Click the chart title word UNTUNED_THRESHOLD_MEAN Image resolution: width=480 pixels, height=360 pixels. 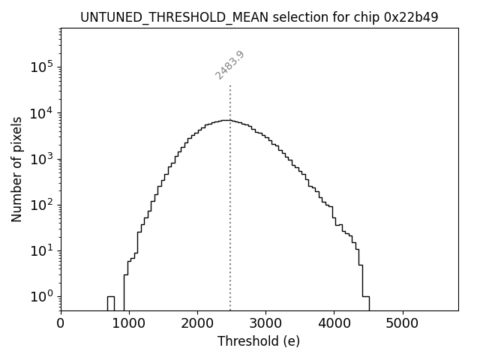pos(153,17)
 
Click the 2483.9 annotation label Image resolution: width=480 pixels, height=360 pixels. pos(230,64)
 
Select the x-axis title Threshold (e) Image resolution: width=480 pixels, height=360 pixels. pos(259,341)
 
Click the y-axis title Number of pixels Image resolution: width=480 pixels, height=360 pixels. pos(16,169)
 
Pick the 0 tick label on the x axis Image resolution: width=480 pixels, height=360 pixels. pos(61,323)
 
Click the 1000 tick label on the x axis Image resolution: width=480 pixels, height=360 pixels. pos(129,323)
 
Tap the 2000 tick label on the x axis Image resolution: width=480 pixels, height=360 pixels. pos(197,323)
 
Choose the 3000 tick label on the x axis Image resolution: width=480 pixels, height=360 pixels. pos(265,323)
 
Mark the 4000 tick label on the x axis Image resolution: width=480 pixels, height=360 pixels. pos(334,323)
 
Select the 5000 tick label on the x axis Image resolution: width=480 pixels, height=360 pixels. pos(403,323)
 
